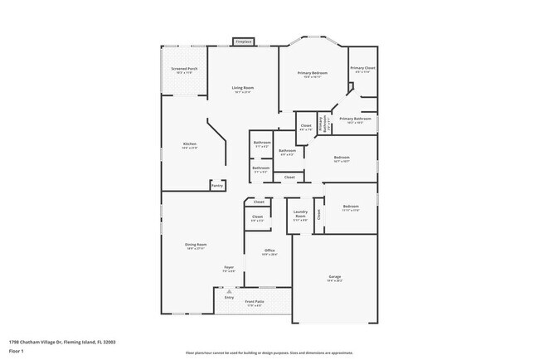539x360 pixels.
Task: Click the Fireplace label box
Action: [x=243, y=41]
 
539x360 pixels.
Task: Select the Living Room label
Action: [x=242, y=89]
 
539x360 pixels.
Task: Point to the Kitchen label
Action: [x=190, y=145]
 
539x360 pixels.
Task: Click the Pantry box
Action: [x=216, y=186]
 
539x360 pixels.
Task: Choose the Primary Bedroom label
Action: [x=313, y=75]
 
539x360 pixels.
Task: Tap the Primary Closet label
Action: [x=362, y=70]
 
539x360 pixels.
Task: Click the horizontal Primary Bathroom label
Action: [x=355, y=120]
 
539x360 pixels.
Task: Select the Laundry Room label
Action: [x=300, y=214]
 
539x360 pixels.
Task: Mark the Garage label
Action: [x=334, y=278]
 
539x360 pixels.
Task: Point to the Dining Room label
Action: [x=196, y=246]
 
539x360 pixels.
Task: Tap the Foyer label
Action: [x=229, y=269]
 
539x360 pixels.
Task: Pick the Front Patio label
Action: [x=255, y=303]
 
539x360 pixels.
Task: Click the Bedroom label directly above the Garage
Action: [x=351, y=207]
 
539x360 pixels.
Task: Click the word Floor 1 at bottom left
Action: [x=16, y=351]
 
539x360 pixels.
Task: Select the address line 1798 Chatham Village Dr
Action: [x=62, y=341]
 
